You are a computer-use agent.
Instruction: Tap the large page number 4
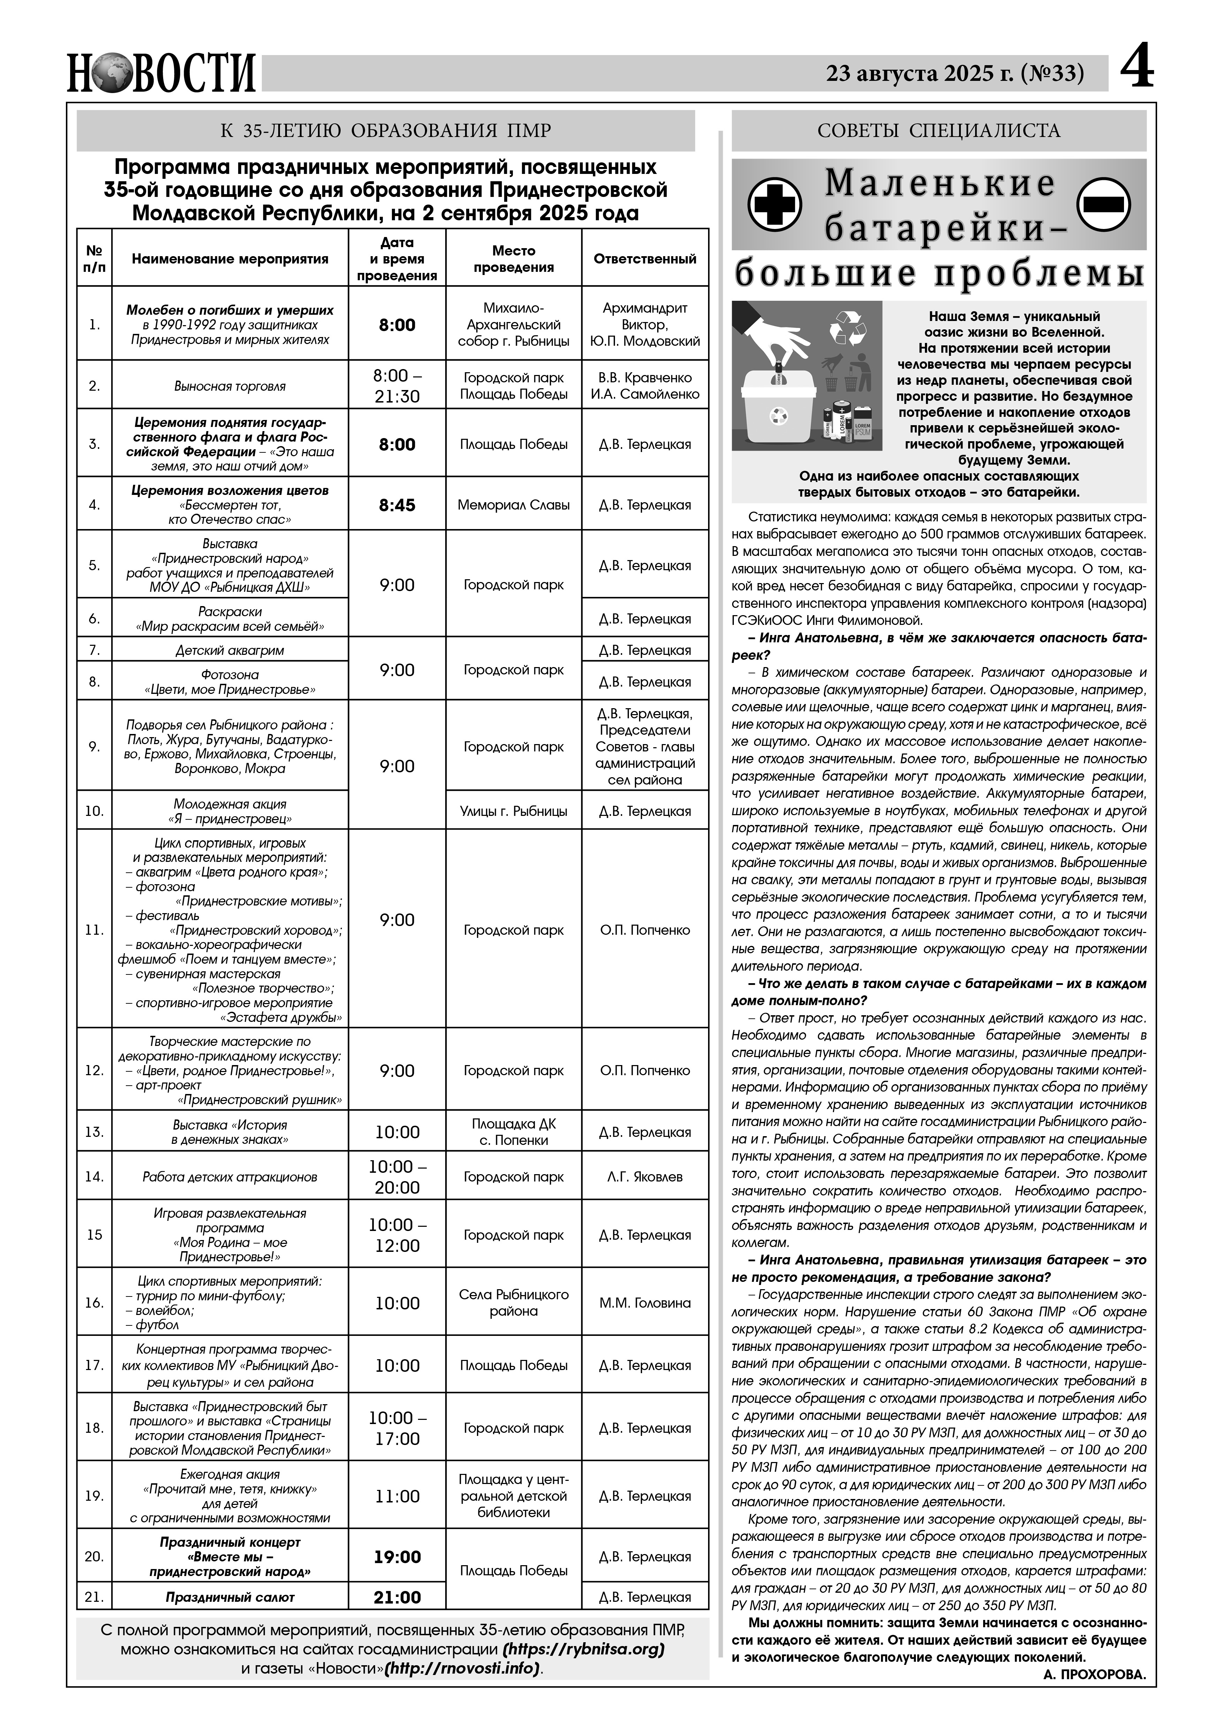pos(1137,71)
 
